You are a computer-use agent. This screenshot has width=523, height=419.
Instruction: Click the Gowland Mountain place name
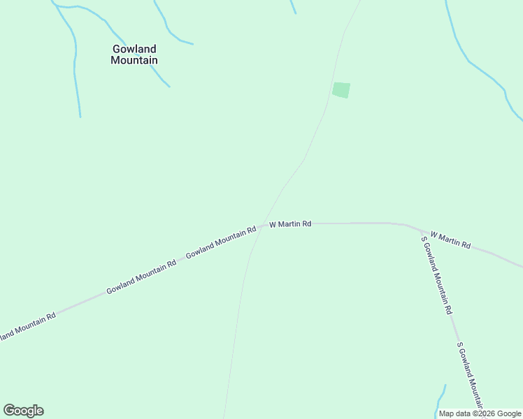[x=134, y=54]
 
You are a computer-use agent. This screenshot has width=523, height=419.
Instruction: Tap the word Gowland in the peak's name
[x=134, y=49]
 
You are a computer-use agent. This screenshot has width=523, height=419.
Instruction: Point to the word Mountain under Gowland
[x=134, y=61]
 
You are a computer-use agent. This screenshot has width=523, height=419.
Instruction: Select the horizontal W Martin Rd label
[x=290, y=224]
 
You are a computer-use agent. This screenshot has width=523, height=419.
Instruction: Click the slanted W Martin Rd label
[x=450, y=240]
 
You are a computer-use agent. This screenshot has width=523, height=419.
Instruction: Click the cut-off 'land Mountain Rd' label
[x=27, y=326]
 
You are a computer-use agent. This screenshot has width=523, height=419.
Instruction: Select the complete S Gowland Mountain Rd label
[x=436, y=275]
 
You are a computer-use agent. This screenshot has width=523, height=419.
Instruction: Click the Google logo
[x=23, y=411]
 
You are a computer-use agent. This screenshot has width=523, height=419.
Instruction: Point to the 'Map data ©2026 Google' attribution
[x=479, y=413]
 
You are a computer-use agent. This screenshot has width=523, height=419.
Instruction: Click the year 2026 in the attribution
[x=483, y=413]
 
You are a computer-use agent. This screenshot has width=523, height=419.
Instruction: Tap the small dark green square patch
[x=341, y=90]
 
